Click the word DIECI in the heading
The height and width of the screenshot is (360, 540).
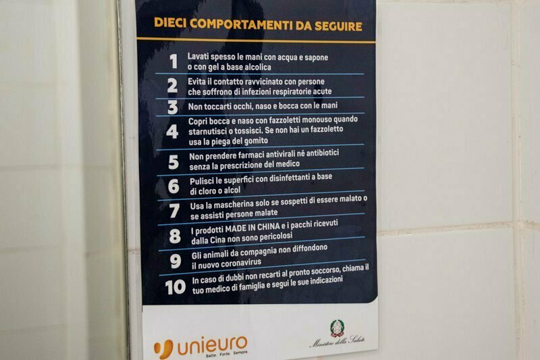pos(170,23)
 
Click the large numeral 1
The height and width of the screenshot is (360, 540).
pos(173,61)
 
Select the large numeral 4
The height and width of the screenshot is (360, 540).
pos(172,131)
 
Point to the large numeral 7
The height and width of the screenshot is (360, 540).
pos(174,211)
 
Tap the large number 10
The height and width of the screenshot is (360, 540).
pos(175,287)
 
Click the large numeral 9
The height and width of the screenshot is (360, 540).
pos(175,261)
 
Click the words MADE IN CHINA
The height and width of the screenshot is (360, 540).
pos(252,228)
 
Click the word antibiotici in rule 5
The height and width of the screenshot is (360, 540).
pos(323,153)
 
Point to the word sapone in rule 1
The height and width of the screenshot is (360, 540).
pos(316,57)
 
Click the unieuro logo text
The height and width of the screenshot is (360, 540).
pos(213,346)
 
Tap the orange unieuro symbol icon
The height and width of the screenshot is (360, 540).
pos(163,349)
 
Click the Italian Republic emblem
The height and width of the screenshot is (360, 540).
pos(336,328)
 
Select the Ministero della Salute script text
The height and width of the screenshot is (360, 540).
pos(337,341)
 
